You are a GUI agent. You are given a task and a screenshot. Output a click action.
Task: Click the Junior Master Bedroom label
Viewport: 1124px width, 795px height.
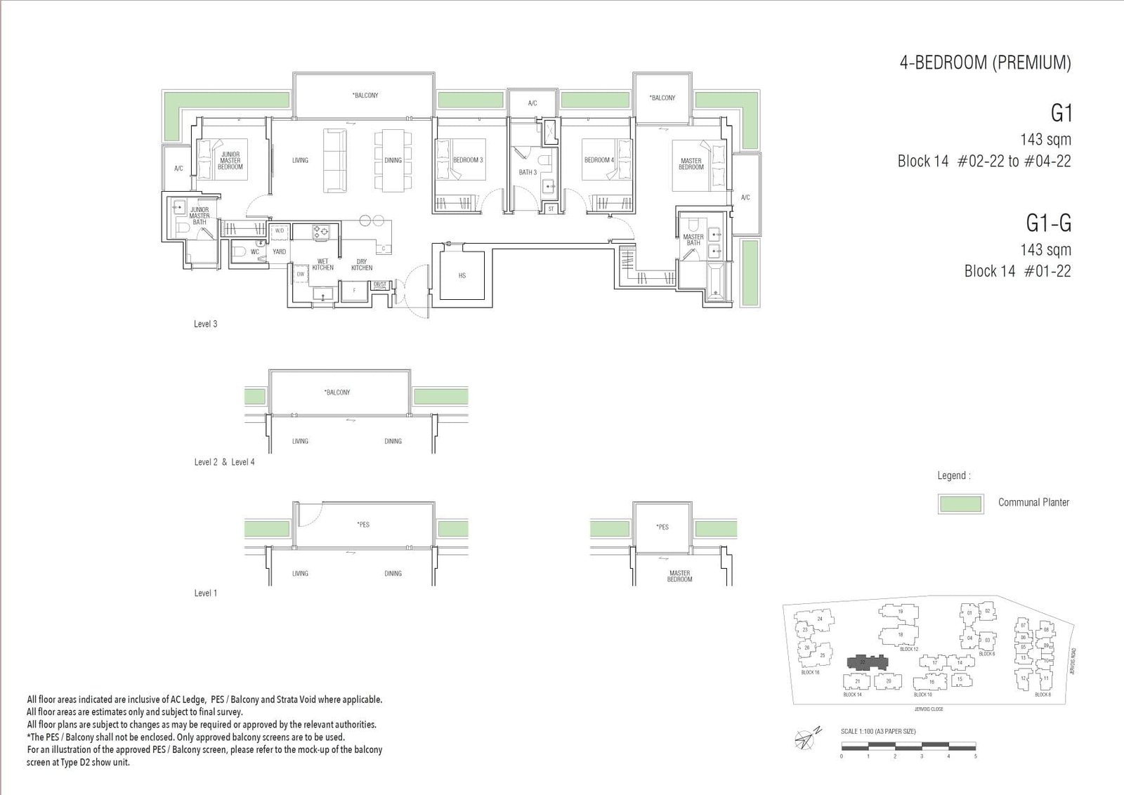(230, 160)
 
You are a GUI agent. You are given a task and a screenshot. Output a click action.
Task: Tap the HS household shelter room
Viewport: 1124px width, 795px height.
(462, 275)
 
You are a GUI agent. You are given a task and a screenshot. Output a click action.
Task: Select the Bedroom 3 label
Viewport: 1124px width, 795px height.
(468, 160)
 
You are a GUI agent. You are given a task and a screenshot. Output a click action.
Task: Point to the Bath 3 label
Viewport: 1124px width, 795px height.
(528, 172)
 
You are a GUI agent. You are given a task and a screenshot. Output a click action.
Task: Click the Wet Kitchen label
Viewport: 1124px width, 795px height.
(322, 264)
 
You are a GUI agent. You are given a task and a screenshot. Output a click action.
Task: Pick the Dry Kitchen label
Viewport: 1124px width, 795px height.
(362, 264)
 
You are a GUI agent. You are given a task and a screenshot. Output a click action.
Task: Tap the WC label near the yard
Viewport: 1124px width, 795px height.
(255, 251)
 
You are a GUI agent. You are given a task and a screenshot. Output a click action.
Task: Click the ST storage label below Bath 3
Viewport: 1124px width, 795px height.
(551, 209)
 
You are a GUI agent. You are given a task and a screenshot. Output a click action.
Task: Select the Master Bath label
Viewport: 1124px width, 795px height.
(693, 239)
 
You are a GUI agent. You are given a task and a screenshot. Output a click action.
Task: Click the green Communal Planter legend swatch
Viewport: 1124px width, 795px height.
(960, 504)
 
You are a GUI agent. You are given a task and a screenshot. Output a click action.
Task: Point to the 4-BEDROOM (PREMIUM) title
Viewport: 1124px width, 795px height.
(985, 63)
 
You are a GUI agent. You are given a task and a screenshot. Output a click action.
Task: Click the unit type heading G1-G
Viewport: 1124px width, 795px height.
(1048, 223)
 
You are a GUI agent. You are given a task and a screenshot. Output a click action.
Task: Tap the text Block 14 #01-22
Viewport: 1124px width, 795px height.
(1017, 271)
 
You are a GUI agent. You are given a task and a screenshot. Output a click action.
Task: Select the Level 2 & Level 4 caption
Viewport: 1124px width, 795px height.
(224, 462)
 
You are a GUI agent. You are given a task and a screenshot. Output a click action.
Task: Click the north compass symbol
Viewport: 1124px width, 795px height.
(806, 737)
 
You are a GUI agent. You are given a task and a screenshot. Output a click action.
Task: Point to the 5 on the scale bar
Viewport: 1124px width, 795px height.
(975, 756)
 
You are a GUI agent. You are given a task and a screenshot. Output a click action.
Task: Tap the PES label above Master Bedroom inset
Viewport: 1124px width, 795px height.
(662, 527)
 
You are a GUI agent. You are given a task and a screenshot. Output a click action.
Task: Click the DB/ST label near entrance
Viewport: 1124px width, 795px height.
(379, 284)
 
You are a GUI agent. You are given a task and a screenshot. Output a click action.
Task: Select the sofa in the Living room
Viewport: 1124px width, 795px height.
(335, 160)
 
